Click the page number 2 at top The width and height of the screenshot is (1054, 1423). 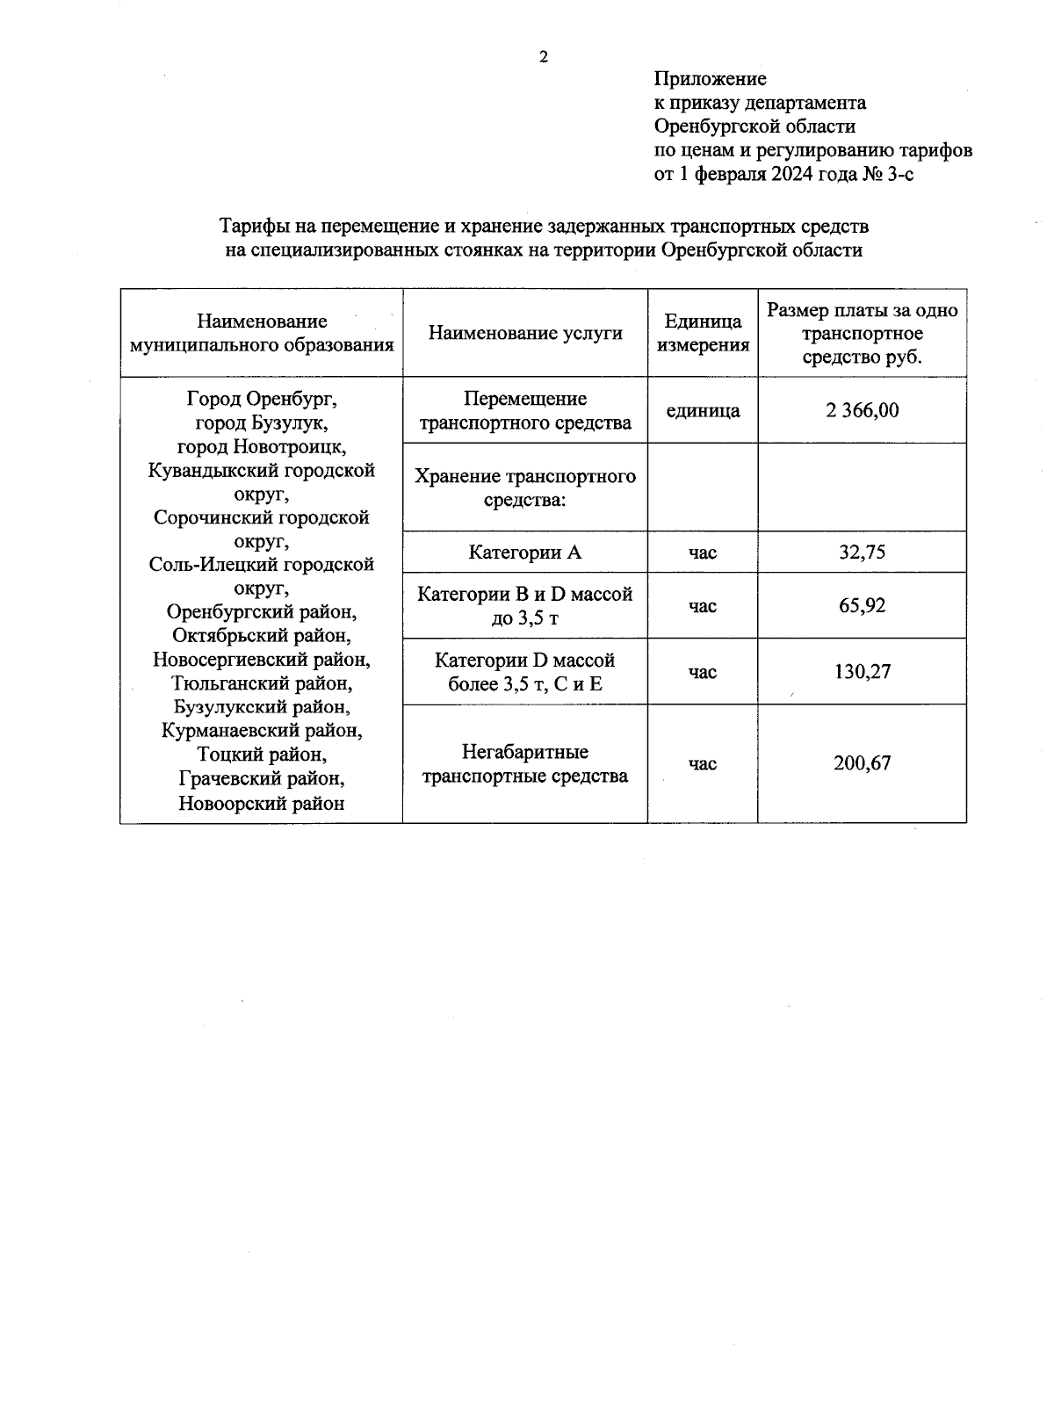[x=543, y=58]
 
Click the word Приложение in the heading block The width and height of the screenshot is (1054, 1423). [x=711, y=79]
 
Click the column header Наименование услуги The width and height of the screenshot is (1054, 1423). [x=525, y=333]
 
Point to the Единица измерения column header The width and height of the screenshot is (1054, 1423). [x=703, y=333]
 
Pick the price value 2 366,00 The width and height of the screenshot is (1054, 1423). [x=863, y=410]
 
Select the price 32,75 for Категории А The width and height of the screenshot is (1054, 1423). [x=863, y=553]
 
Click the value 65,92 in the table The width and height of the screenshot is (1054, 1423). [x=863, y=605]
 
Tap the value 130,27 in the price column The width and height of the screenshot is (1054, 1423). [x=863, y=672]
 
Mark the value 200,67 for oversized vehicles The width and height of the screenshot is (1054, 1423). [x=863, y=763]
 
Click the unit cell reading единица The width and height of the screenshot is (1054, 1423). [x=703, y=410]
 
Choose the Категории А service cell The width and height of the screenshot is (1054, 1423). [x=525, y=553]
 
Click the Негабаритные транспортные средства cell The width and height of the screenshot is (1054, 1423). [x=525, y=764]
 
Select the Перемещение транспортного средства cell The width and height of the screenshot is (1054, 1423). [x=525, y=411]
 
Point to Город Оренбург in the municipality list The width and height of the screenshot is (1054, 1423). [x=262, y=399]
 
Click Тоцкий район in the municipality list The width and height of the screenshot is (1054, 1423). [x=262, y=755]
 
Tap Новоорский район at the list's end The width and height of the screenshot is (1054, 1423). [x=262, y=803]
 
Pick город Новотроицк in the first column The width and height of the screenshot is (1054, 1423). [x=262, y=446]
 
